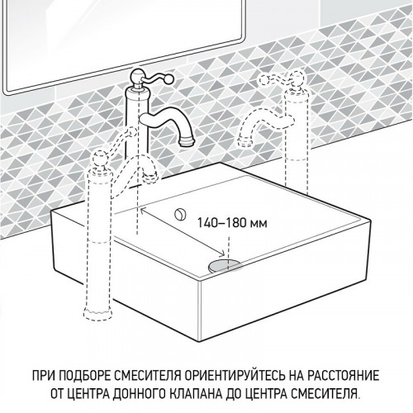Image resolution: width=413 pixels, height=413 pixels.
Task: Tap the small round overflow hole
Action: click(178, 214)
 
